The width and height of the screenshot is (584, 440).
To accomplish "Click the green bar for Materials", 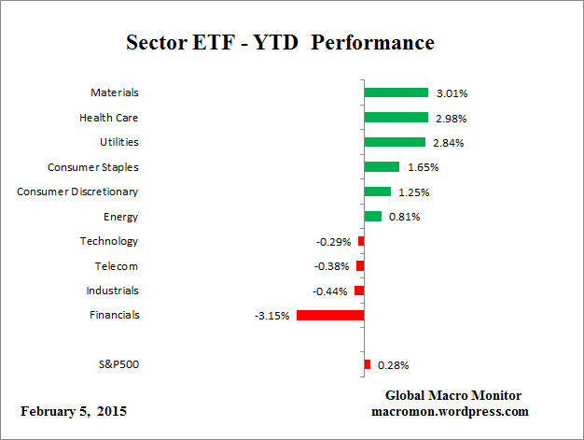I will click(396, 92).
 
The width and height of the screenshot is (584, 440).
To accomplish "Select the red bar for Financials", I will click(329, 315).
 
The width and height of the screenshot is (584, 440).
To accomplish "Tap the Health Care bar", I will click(396, 118).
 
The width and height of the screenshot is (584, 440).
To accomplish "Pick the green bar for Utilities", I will click(394, 142).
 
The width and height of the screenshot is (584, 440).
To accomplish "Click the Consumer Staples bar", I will click(381, 166).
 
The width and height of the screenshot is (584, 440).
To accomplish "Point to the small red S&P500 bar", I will click(367, 364).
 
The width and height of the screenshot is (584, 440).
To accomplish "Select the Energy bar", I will click(372, 216).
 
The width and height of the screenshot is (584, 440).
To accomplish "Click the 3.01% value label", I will click(451, 93).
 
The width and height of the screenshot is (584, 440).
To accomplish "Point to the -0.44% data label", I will click(331, 291).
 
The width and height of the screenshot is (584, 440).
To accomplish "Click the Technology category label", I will click(109, 241).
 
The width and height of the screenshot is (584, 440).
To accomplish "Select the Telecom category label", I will click(116, 265).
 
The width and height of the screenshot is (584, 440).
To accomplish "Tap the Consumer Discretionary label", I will click(77, 192).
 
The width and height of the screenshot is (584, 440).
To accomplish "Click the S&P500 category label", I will click(118, 364).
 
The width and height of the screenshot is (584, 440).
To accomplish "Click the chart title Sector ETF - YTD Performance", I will click(280, 44).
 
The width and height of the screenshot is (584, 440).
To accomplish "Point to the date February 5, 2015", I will click(74, 411).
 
